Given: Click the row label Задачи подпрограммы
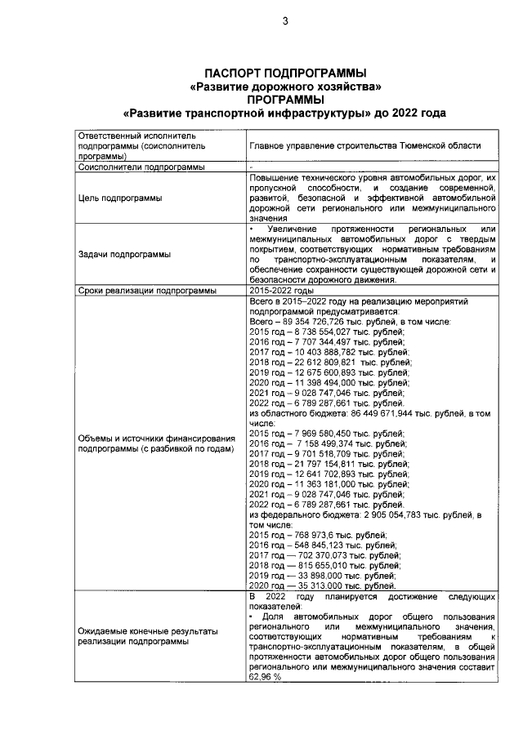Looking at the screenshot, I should tap(124, 254).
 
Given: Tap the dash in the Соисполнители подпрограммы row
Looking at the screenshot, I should tap(251, 167).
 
